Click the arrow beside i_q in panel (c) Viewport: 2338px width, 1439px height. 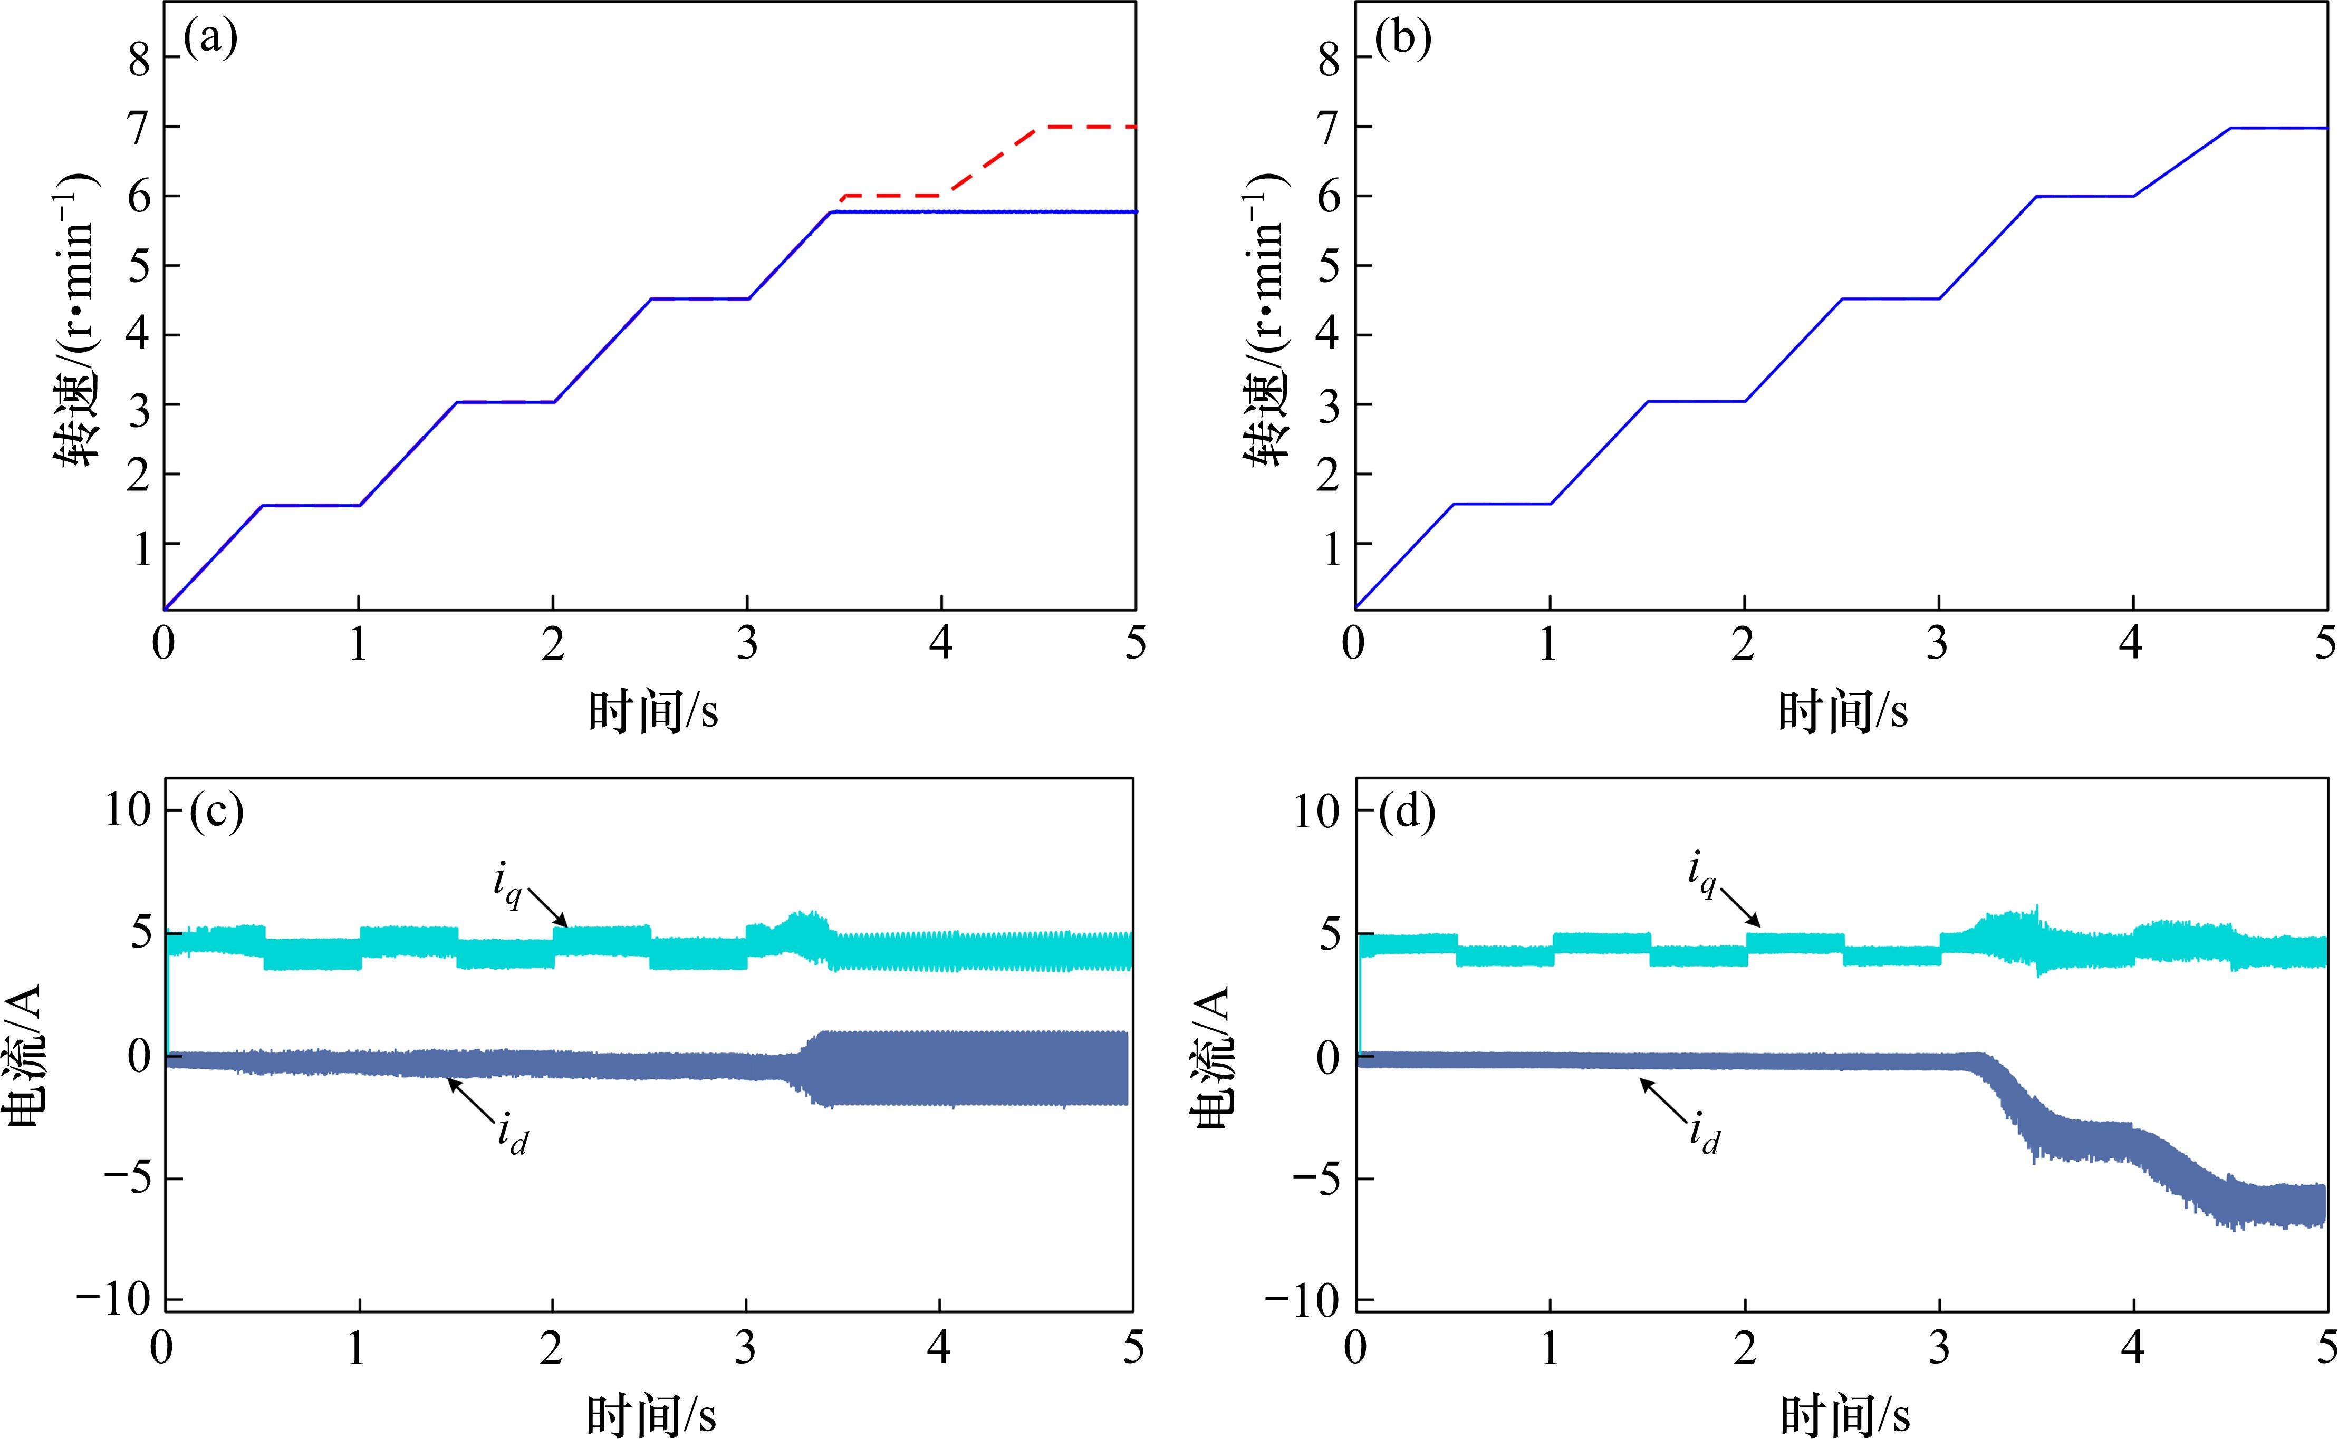pyautogui.click(x=547, y=907)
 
